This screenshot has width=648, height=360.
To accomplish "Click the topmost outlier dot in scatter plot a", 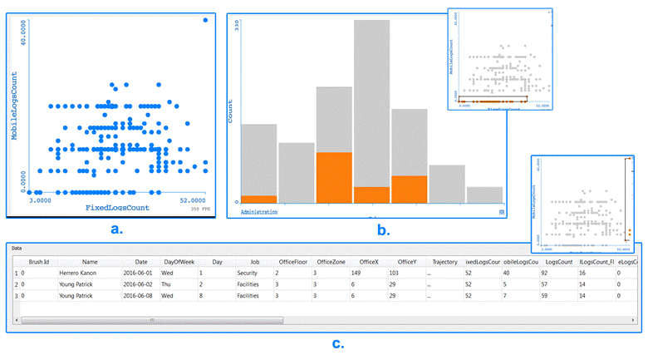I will pos(206,20).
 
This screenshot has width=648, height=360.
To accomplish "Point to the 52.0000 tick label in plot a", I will pos(193,200).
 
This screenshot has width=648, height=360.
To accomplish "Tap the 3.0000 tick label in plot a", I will pos(41,200).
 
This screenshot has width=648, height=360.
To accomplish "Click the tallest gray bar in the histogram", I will pos(371,108).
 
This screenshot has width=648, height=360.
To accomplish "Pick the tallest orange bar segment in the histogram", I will pos(334,177).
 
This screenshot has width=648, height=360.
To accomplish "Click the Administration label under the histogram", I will pos(258,212).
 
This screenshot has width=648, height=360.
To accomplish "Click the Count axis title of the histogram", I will pos(231,112).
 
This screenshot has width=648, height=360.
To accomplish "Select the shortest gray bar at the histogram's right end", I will pos(484,195).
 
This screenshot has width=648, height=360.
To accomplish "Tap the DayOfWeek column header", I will pos(178,262).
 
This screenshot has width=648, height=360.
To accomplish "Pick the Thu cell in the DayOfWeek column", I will pos(168,284).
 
